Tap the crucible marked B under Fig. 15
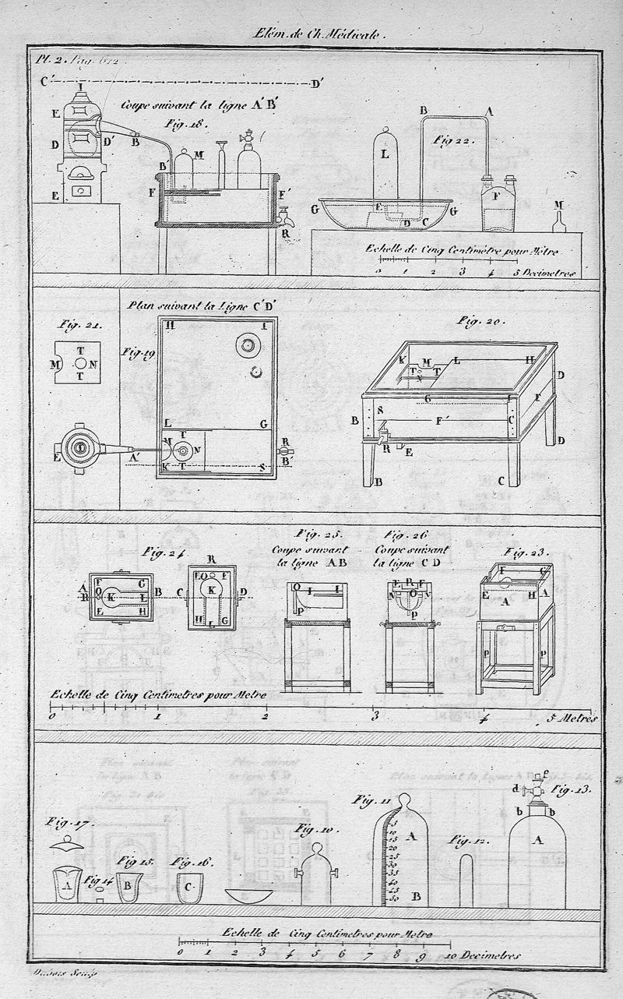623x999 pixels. click(128, 886)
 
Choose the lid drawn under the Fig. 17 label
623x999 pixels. click(67, 845)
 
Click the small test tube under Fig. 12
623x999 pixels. click(466, 881)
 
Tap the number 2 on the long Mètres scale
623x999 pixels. click(266, 715)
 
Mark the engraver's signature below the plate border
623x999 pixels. click(50, 971)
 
